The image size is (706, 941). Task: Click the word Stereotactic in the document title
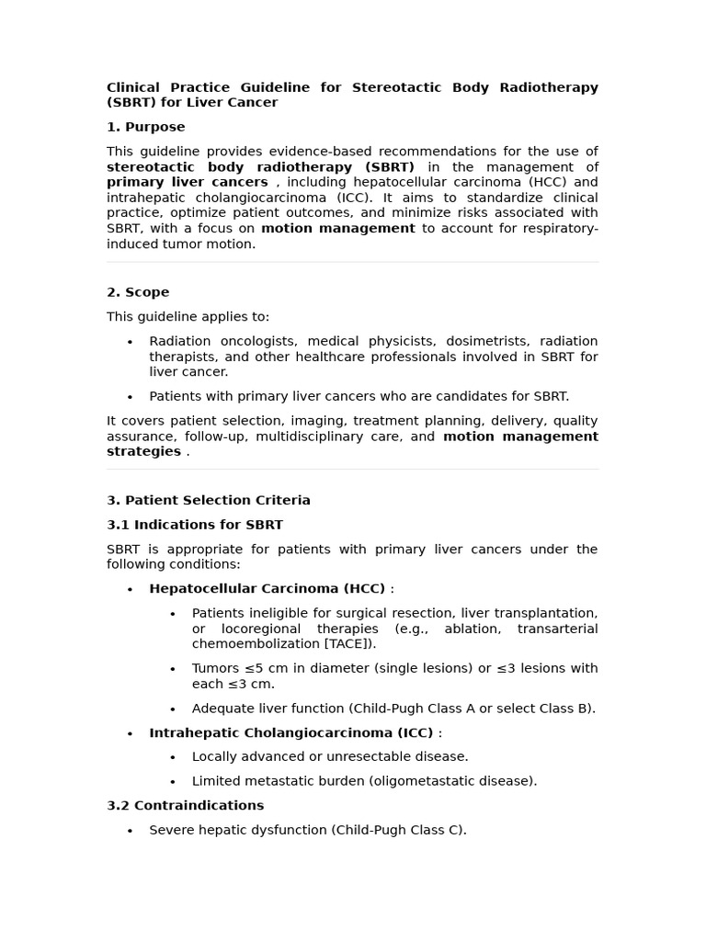point(398,87)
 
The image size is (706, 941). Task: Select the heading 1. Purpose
point(145,127)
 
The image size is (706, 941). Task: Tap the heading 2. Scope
point(138,292)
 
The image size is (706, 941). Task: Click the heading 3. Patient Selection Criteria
point(208,501)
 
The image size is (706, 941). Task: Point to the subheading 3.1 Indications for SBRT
point(194,525)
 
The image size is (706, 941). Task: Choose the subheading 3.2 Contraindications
point(185,806)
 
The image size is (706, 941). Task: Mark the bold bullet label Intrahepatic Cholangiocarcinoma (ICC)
point(290,733)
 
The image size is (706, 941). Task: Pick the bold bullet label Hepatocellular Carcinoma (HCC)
point(267,589)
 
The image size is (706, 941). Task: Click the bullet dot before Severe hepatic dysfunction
point(130,831)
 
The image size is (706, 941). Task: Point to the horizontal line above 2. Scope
point(352,263)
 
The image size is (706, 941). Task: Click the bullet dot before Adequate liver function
point(173,709)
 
